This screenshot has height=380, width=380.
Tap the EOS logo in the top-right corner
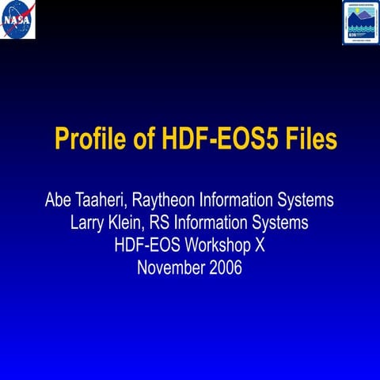[x=360, y=21]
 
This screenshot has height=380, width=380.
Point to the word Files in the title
[x=312, y=140]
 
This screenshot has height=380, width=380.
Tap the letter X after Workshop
[x=259, y=246]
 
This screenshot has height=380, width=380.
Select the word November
[x=171, y=268]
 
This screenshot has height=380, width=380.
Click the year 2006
[x=226, y=268]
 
